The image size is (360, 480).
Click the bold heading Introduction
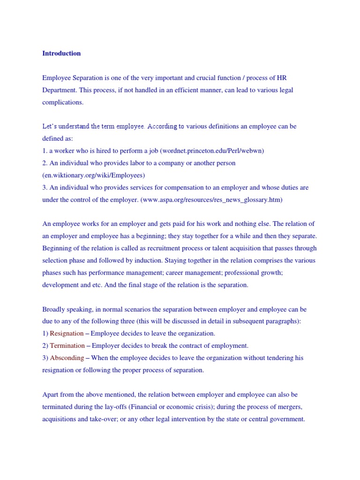pyautogui.click(x=61, y=53)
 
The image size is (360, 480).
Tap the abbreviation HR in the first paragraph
pyautogui.click(x=281, y=77)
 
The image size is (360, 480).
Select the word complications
pyautogui.click(x=63, y=102)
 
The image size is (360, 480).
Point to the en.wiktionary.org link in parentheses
pyautogui.click(x=94, y=175)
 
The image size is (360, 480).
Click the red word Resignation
pyautogui.click(x=67, y=333)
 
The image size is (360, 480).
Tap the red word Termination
pyautogui.click(x=67, y=345)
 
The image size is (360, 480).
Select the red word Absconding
pyautogui.click(x=67, y=358)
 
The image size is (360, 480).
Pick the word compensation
pyautogui.click(x=192, y=187)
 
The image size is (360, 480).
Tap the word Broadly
pyautogui.click(x=53, y=309)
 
